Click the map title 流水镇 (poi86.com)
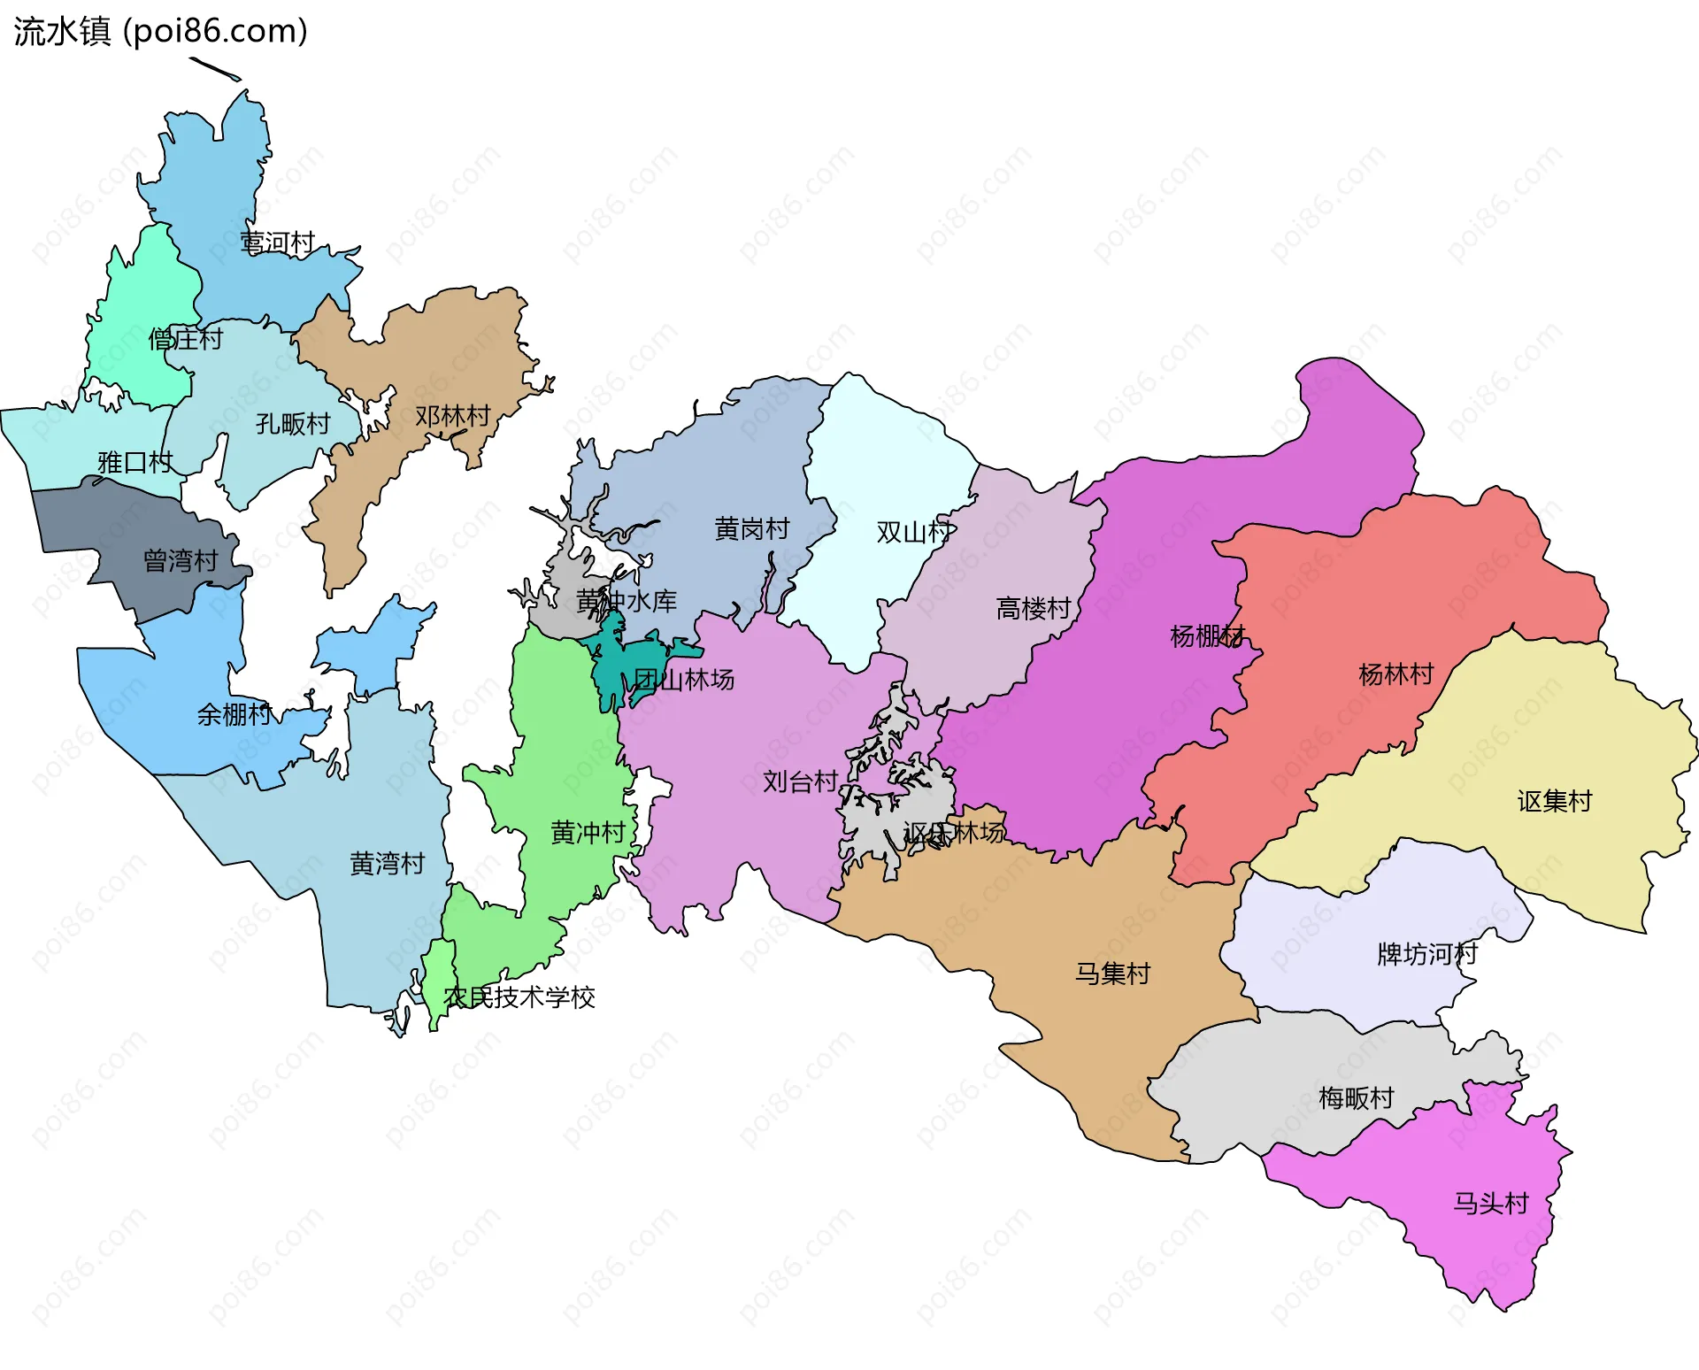160,31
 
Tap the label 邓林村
452,416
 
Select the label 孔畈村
293,424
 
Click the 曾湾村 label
181,561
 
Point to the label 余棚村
234,714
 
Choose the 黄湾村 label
388,864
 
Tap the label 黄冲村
588,833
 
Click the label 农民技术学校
519,997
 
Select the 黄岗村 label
752,529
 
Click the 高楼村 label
1034,609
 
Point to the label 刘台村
801,781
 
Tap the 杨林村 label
1396,674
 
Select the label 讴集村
1555,802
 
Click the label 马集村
1112,974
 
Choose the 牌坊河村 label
1427,954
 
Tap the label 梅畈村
1357,1098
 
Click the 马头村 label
1491,1204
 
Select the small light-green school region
437,982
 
